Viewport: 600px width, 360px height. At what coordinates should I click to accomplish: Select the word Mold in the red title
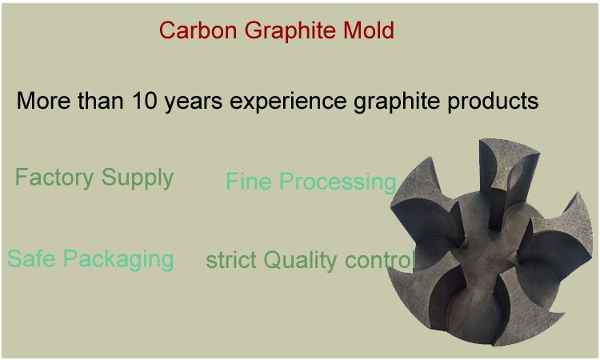[x=367, y=30]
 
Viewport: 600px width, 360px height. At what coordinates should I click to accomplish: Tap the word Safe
[x=31, y=258]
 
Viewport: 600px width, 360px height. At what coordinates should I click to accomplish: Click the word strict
[x=231, y=260]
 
